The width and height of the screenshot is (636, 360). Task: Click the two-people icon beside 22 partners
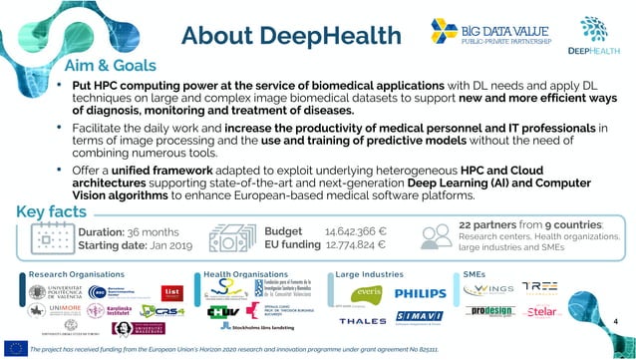437,235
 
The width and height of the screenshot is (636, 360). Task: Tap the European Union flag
15,348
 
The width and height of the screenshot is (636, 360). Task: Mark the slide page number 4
617,322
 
